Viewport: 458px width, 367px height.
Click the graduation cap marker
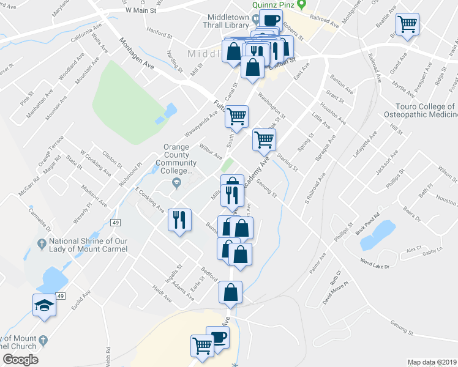[x=44, y=305]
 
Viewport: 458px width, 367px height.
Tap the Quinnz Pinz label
[x=279, y=5]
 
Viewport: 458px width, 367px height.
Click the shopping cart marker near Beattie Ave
[x=407, y=25]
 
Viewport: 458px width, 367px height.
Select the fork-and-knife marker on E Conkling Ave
[x=179, y=220]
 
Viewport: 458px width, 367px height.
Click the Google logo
[x=20, y=359]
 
